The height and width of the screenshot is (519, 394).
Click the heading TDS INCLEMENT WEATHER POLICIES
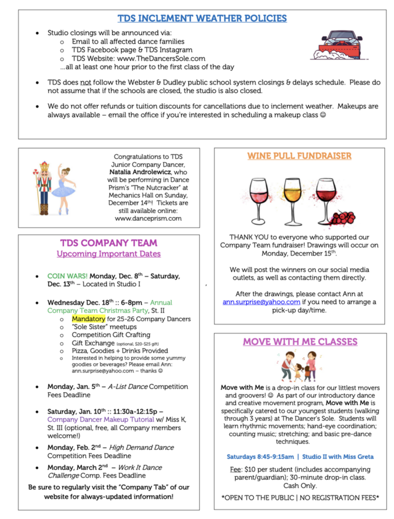click(x=202, y=18)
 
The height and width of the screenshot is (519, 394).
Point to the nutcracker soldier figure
click(x=44, y=188)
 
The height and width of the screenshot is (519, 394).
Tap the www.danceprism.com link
click(x=148, y=218)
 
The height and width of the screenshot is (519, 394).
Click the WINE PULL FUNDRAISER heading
click(x=299, y=156)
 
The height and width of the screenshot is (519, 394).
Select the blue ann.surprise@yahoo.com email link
click(x=262, y=302)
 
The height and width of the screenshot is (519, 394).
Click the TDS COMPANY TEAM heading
click(x=109, y=243)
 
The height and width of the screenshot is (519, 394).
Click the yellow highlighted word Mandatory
click(x=89, y=319)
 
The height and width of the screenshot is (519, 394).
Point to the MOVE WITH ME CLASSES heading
click(x=300, y=341)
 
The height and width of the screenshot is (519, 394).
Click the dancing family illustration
click(x=299, y=366)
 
